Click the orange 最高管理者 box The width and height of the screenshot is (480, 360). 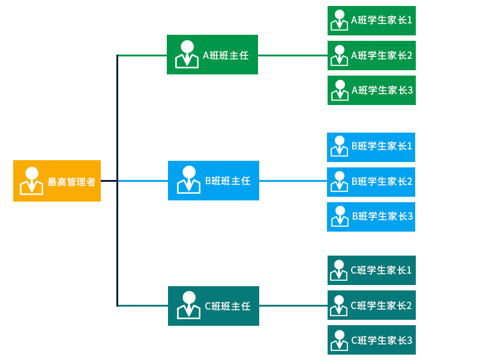57,181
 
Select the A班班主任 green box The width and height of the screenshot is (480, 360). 212,55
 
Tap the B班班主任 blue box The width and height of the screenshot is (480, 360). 214,181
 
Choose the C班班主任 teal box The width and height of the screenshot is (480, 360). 214,306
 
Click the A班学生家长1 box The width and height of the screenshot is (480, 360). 371,20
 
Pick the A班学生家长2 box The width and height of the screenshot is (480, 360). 371,55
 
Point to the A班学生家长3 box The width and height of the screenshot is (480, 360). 371,90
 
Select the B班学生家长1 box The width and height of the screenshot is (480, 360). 371,147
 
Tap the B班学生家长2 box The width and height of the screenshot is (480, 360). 371,182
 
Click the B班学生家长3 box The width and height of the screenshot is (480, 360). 371,217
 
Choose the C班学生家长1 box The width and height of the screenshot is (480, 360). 371,270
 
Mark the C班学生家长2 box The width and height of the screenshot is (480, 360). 371,305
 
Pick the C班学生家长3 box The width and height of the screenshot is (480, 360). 371,340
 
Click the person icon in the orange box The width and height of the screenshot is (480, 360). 32,181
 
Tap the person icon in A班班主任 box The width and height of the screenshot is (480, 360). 187,54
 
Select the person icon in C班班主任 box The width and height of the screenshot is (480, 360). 188,305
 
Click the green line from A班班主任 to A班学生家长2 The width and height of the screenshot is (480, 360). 293,55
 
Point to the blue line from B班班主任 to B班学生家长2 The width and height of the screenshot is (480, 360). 293,181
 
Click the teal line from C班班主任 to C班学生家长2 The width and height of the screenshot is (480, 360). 293,305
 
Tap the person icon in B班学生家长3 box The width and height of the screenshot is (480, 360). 340,216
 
